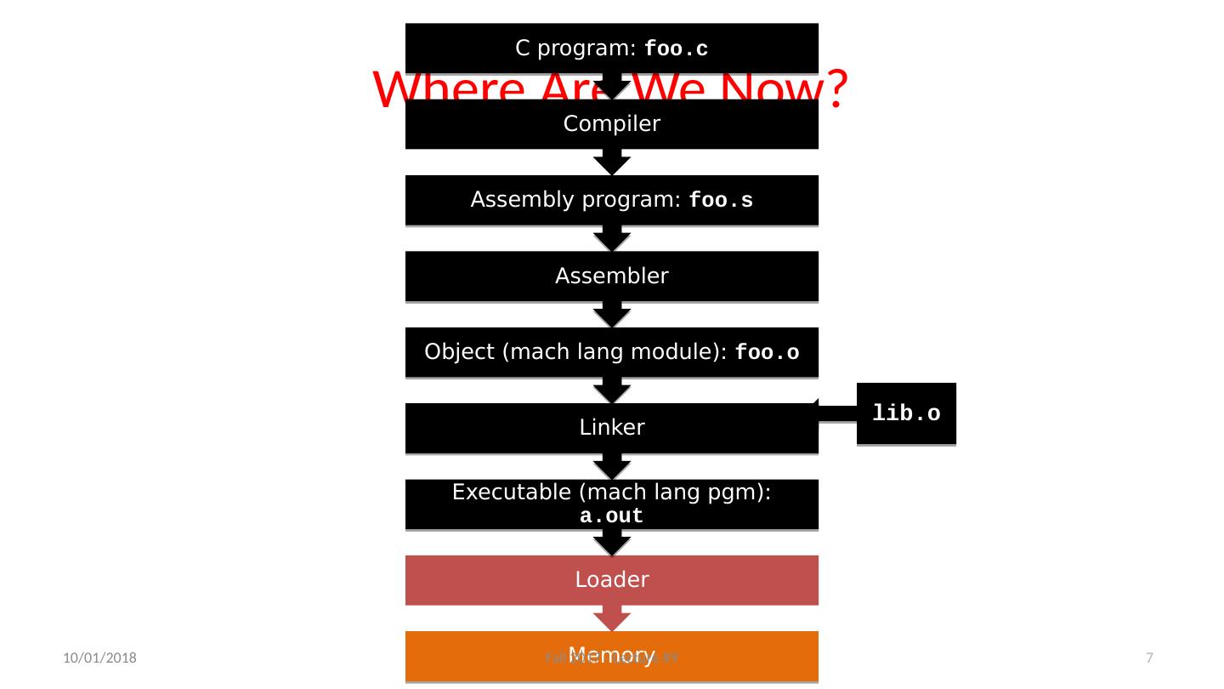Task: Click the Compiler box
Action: [x=611, y=124]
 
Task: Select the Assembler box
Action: [x=611, y=276]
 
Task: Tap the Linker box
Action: [x=611, y=427]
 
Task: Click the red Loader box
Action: [x=611, y=580]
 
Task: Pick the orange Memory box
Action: [x=611, y=656]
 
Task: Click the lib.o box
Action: [x=906, y=414]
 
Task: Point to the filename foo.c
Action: [x=676, y=49]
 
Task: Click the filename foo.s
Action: [x=721, y=201]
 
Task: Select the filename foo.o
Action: [x=767, y=352]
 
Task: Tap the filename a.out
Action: [x=611, y=516]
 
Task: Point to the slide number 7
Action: [x=1149, y=658]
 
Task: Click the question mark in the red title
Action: [x=837, y=90]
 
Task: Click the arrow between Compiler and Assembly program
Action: [x=611, y=162]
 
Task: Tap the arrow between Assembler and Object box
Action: [x=611, y=314]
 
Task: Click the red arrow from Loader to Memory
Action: [x=611, y=618]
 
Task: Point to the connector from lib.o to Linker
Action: [x=836, y=413]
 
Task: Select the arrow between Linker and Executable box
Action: [x=611, y=466]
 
